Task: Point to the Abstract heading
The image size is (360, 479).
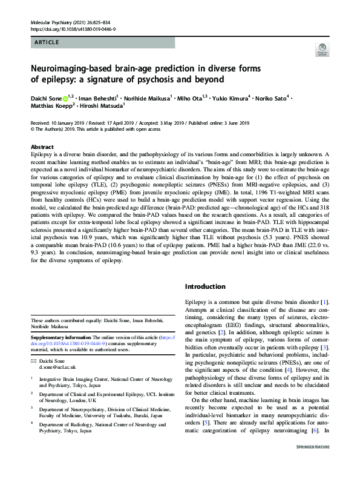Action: [x=42, y=147]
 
